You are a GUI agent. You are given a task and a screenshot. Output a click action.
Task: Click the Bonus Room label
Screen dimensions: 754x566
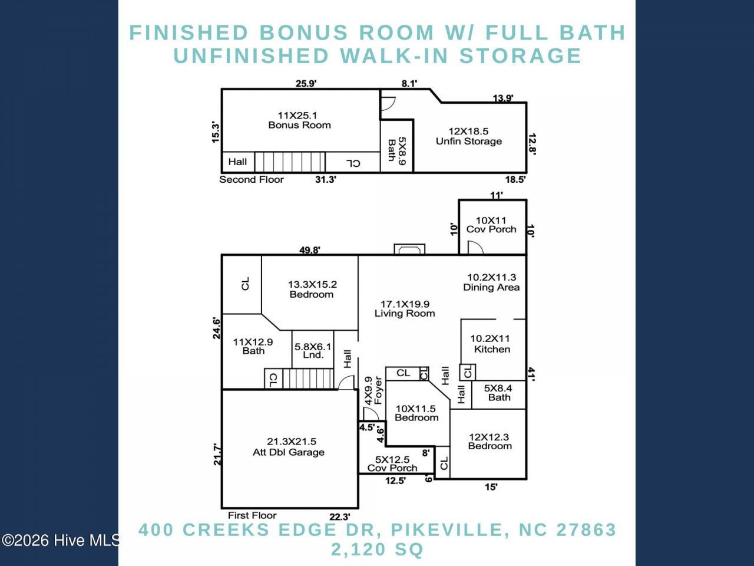300,120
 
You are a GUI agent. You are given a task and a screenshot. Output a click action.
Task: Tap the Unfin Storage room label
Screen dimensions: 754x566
468,136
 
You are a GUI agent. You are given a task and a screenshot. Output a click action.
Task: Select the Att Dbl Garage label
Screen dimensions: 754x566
289,447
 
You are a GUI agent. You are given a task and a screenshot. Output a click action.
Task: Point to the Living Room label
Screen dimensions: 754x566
405,308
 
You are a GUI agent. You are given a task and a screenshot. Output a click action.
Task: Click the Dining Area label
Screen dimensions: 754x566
491,282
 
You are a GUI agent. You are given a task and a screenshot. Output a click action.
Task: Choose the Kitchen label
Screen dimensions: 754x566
491,344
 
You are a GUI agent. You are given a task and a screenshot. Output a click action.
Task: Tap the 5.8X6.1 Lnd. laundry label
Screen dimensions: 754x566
313,351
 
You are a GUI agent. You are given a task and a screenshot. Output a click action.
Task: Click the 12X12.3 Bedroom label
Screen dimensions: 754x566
490,442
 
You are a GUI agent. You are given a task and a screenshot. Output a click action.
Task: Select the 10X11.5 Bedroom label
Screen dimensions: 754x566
416,413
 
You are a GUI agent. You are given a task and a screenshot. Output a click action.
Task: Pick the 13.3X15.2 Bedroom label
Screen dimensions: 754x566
312,289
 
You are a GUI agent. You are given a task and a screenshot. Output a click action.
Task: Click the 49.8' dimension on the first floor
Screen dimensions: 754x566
309,250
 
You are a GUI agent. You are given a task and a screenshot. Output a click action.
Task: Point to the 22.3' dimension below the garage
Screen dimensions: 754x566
340,517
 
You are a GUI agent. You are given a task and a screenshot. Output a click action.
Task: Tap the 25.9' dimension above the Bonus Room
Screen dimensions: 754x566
306,84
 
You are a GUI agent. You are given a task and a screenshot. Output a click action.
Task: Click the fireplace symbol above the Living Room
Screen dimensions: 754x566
409,249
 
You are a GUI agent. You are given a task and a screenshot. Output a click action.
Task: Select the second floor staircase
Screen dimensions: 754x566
290,162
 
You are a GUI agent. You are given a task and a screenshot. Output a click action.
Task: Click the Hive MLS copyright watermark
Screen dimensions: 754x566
61,540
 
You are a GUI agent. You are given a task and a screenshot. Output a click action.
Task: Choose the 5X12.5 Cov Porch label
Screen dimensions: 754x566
392,463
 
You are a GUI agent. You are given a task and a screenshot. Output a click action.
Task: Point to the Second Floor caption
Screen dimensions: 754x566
252,179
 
